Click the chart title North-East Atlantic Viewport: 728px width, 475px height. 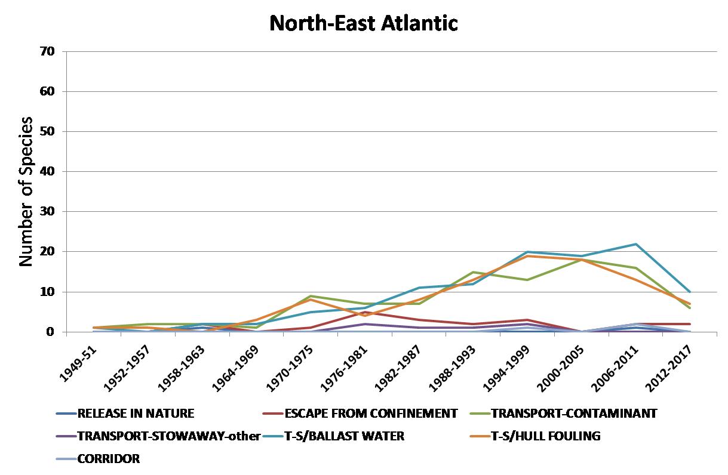[x=363, y=23]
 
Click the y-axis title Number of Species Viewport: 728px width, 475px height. [x=25, y=192]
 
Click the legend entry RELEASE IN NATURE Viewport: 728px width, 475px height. [x=136, y=413]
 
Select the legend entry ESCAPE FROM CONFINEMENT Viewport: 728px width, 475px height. [x=370, y=413]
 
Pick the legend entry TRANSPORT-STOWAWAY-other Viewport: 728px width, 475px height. [x=168, y=436]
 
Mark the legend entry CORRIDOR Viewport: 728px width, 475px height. [x=108, y=459]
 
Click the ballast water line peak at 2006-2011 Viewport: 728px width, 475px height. [x=635, y=244]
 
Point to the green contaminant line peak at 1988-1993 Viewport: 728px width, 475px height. [x=474, y=272]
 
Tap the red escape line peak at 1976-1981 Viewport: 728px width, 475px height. [x=365, y=312]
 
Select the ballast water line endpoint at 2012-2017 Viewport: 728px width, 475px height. [x=690, y=292]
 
